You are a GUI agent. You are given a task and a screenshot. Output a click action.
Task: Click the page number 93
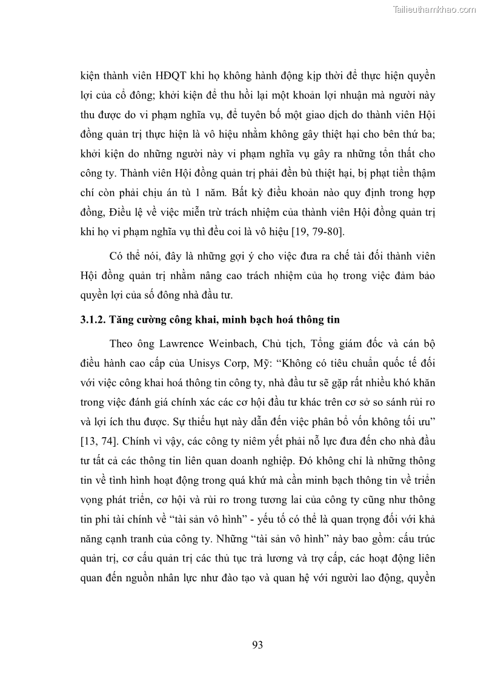point(257,645)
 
